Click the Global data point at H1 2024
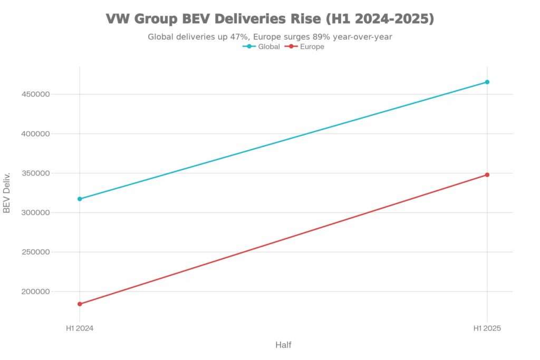[x=80, y=199]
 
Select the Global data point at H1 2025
[x=487, y=82]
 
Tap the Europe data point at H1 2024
[x=80, y=304]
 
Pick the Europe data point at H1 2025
[x=487, y=175]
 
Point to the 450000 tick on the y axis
[x=35, y=94]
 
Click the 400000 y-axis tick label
[x=35, y=134]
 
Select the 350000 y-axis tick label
[x=35, y=173]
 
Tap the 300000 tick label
[x=35, y=212]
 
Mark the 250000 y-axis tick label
[x=35, y=252]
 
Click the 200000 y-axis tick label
[x=35, y=291]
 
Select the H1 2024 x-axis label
[x=80, y=328]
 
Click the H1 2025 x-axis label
[x=487, y=328]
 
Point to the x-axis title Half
[x=283, y=345]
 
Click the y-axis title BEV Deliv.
[x=7, y=192]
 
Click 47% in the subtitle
[x=239, y=37]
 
